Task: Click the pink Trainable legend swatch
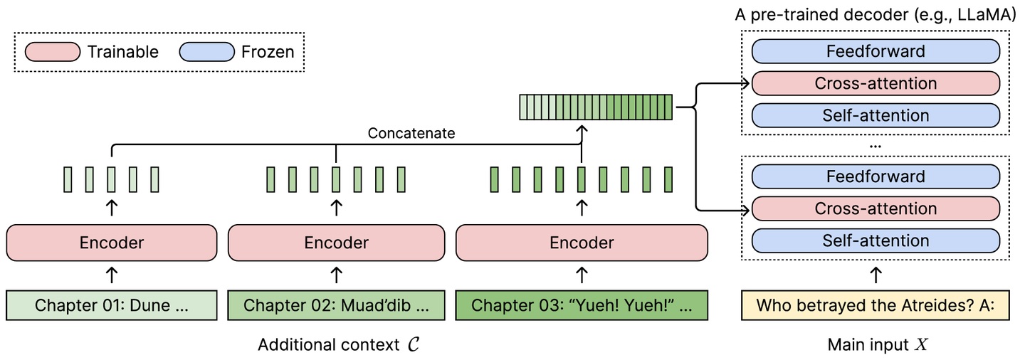pos(52,52)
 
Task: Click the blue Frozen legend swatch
pos(206,52)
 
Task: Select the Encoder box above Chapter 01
pos(111,243)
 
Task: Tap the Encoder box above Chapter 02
pos(336,243)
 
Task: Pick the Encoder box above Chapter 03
pos(582,243)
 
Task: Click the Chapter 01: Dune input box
pos(111,305)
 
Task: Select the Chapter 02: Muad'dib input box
pos(336,305)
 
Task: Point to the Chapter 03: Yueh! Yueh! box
pos(582,305)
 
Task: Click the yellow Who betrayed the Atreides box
pos(876,305)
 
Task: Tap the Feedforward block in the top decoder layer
pos(876,51)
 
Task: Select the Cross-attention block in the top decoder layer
pos(876,83)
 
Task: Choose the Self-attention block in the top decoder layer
pos(876,115)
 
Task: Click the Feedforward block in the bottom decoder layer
pos(876,176)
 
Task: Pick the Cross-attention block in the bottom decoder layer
pos(876,208)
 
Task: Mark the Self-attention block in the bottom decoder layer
pos(876,240)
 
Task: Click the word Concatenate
pos(411,133)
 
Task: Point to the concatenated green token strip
pos(595,107)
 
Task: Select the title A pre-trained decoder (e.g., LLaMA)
pos(876,16)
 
